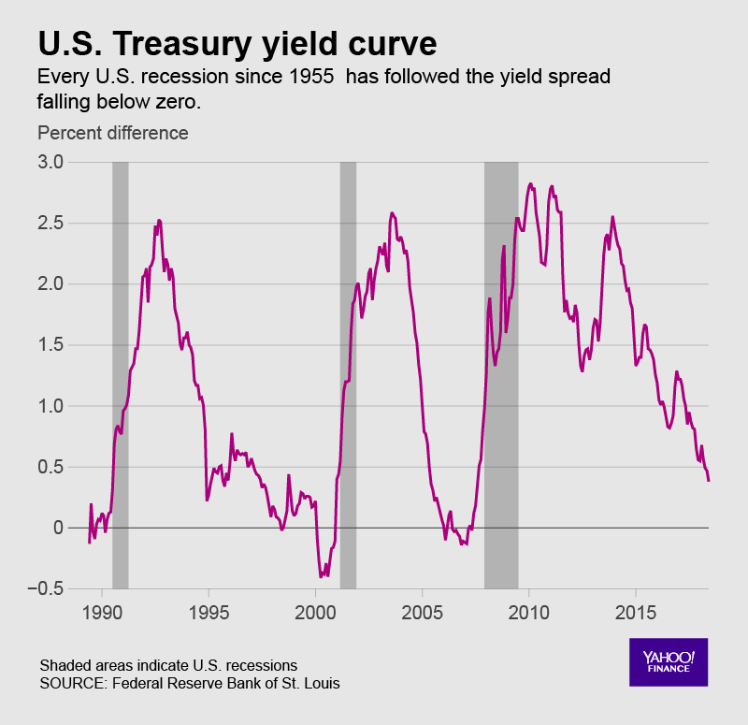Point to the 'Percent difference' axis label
tap(112, 133)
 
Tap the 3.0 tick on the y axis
tap(50, 162)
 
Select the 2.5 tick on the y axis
tap(50, 224)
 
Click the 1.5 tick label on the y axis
tap(50, 345)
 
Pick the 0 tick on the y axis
tap(58, 528)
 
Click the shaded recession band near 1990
tap(120, 374)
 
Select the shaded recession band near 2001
tap(348, 374)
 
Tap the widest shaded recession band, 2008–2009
tap(501, 374)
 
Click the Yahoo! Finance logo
tap(668, 661)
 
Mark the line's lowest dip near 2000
tap(322, 576)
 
